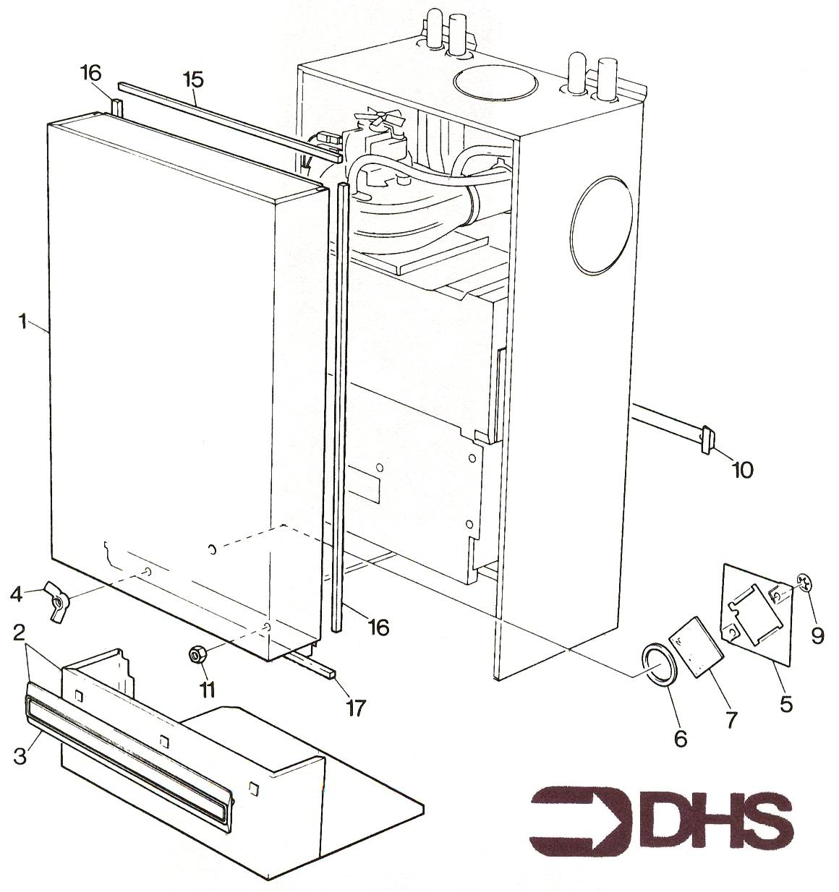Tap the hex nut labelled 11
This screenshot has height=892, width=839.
pos(196,655)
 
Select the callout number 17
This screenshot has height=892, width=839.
pos(354,708)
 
